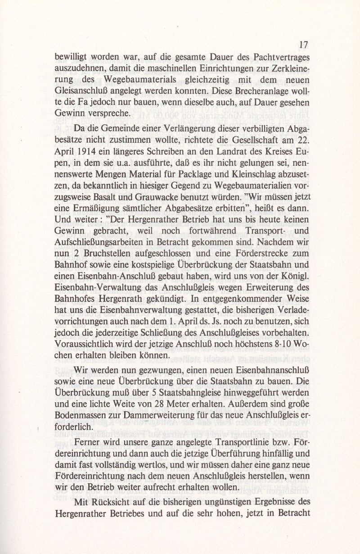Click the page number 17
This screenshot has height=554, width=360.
302,45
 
